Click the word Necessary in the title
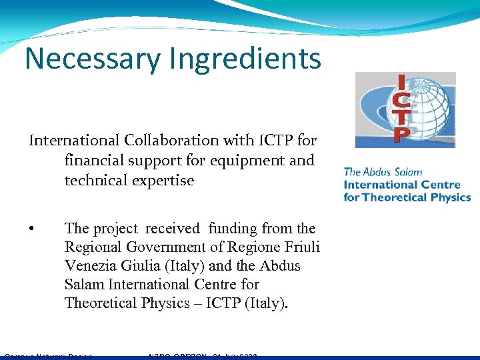92,59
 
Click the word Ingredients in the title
245,59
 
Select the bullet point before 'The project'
32,229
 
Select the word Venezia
91,266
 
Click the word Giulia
143,266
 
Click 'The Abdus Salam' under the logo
383,172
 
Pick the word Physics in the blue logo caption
449,197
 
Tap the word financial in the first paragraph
94,161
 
